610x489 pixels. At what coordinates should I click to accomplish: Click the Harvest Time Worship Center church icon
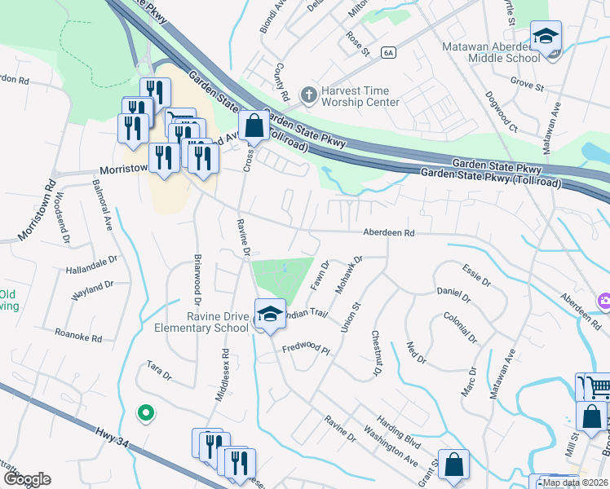[x=308, y=95]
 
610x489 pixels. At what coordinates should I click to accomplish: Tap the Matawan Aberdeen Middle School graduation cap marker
[x=546, y=38]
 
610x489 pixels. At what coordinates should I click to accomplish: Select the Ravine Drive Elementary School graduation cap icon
[x=269, y=315]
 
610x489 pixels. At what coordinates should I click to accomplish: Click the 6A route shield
[x=388, y=53]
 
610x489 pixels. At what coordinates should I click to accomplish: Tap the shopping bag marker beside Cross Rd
[x=254, y=128]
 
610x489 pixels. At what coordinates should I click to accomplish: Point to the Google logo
[x=26, y=479]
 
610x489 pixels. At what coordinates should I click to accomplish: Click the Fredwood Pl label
[x=305, y=350]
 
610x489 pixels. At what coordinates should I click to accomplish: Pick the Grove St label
[x=528, y=85]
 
